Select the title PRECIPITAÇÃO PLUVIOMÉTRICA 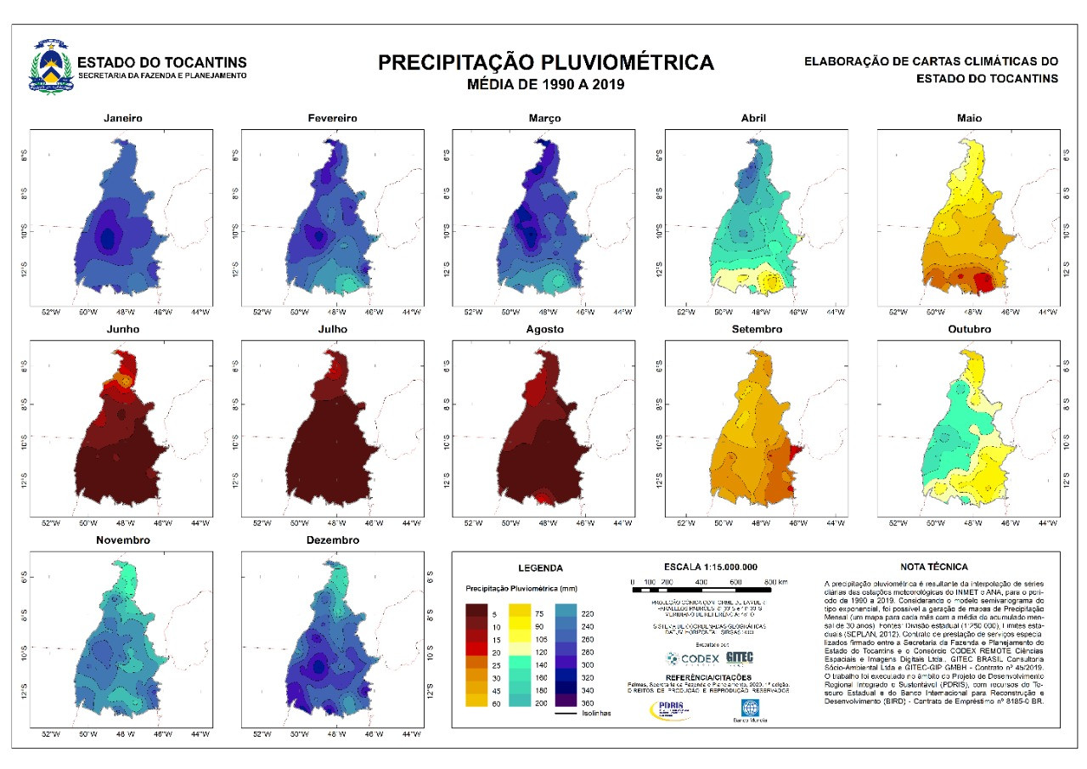[x=545, y=63]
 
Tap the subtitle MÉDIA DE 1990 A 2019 [x=546, y=84]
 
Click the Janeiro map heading [x=122, y=118]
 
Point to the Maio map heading [x=969, y=118]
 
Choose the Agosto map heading [x=544, y=329]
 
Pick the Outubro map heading [x=969, y=329]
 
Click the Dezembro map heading [x=333, y=540]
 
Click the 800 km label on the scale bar [x=774, y=581]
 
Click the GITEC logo [x=740, y=658]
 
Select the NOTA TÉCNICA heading [x=933, y=567]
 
